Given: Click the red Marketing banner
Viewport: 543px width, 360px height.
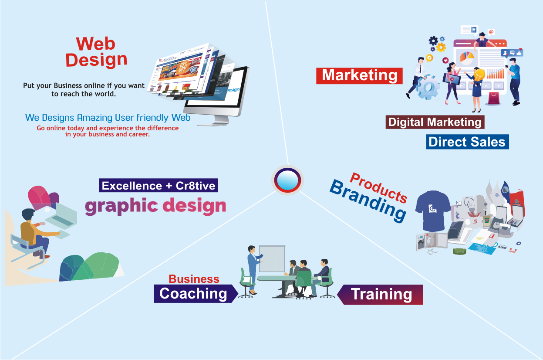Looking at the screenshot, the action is click(x=359, y=76).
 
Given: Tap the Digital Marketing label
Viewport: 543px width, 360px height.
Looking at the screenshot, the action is click(x=435, y=122).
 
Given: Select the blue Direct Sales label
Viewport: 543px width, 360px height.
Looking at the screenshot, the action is click(x=467, y=142).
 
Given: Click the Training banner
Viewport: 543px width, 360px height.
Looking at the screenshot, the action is click(x=380, y=295).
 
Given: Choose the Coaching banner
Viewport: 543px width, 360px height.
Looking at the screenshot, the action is click(x=196, y=293).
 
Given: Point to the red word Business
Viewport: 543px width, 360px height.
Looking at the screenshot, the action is click(x=194, y=279).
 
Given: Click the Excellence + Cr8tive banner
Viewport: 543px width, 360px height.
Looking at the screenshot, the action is click(x=159, y=185).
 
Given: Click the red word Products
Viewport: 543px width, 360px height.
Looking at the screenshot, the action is click(x=379, y=187).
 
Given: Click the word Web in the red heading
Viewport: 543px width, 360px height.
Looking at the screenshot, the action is click(x=95, y=44).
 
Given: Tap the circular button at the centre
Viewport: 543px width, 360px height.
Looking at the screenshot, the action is click(x=287, y=180).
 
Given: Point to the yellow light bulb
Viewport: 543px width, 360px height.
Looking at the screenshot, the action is click(x=479, y=75).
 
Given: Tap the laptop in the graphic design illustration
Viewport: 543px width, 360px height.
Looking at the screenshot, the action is click(x=61, y=216).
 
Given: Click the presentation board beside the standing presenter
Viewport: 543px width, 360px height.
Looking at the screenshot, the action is click(x=272, y=258).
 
